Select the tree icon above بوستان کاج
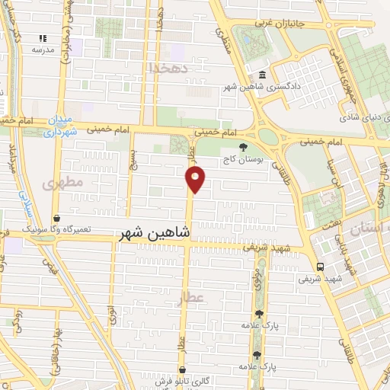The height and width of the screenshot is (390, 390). click(243, 147)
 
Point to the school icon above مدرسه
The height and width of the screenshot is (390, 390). click(43, 37)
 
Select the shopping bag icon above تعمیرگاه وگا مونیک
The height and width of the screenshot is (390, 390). click(57, 218)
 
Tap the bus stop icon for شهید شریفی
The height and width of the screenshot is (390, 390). click(320, 267)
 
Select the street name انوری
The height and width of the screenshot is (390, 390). click(112, 312)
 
